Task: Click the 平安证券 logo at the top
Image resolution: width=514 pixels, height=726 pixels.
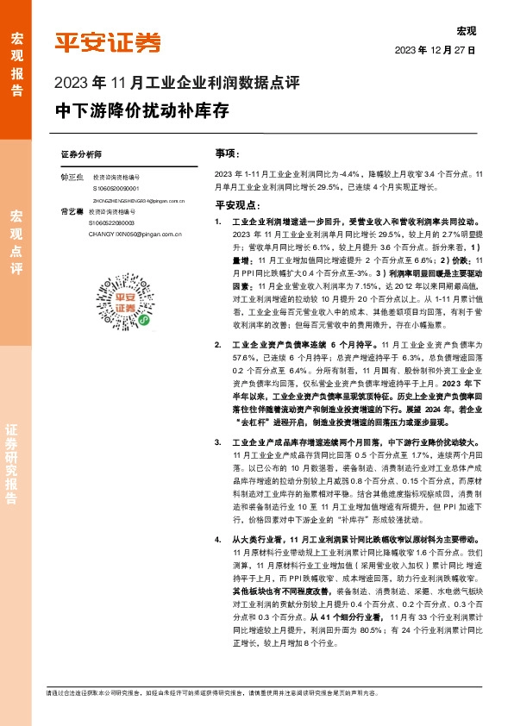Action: pyautogui.click(x=108, y=41)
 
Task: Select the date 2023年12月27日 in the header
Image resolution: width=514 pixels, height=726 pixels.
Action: pyautogui.click(x=436, y=51)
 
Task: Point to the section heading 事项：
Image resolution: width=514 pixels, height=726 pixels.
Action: pyautogui.click(x=227, y=153)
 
